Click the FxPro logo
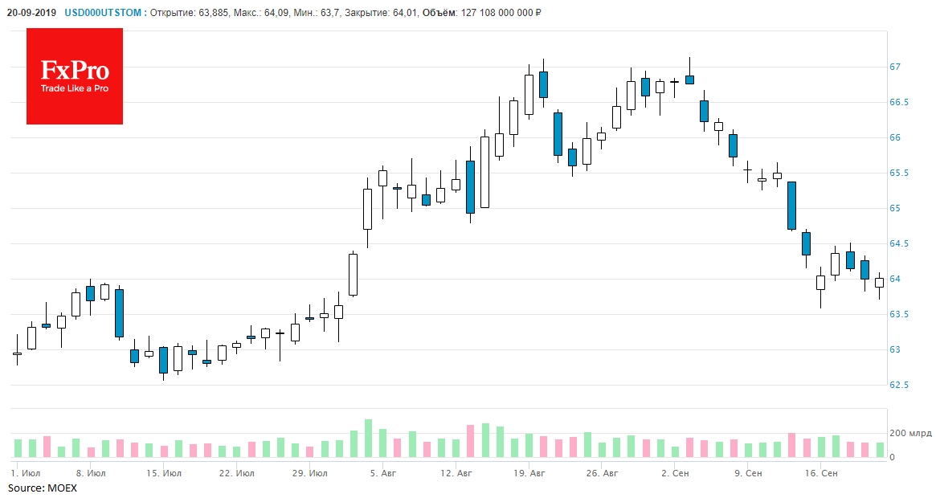click(75, 76)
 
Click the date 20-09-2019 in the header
click(30, 12)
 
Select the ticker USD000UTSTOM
click(104, 12)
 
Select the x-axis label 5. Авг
click(383, 474)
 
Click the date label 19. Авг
click(530, 474)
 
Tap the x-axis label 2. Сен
click(675, 474)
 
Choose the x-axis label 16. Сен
click(823, 474)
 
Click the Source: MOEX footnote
click(37, 488)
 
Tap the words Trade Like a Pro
click(75, 88)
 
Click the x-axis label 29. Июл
click(310, 474)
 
